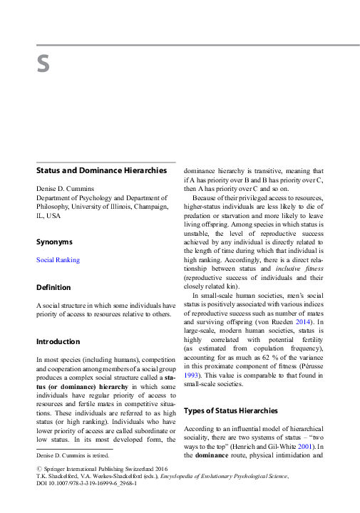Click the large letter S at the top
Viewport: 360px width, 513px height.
tap(43, 64)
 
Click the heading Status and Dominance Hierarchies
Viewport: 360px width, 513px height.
tap(101, 170)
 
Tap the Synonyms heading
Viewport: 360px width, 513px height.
tap(54, 242)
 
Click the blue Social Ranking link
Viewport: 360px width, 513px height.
tap(58, 260)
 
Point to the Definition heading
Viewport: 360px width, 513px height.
tap(53, 287)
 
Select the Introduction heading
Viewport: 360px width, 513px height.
tap(58, 341)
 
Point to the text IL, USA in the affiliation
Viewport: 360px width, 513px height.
tap(48, 215)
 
